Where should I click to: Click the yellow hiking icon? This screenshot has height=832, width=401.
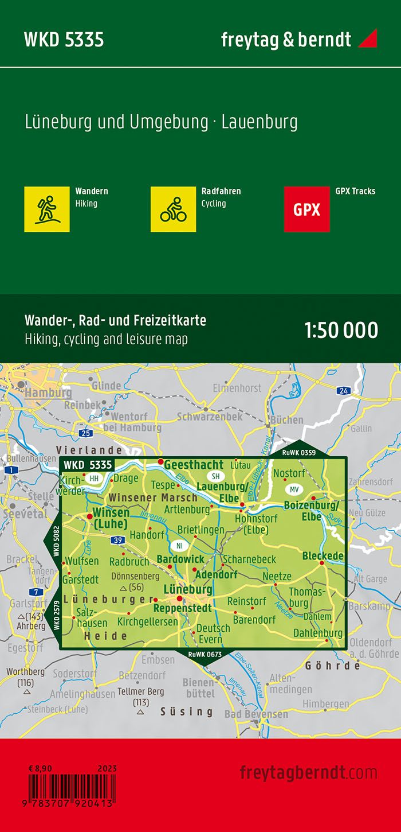47,209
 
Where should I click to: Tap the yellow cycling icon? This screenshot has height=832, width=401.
173,209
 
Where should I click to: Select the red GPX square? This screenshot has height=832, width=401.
306,209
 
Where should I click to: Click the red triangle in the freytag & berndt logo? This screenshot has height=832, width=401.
367,38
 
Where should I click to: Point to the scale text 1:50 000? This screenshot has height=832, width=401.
341,331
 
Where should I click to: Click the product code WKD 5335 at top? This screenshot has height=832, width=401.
64,40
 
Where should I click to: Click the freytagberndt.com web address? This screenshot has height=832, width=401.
308,772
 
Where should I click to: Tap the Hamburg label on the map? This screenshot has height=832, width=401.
49,393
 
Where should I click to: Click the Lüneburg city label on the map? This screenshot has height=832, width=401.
188,589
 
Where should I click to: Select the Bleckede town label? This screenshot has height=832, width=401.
323,556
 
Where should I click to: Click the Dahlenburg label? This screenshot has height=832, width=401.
318,633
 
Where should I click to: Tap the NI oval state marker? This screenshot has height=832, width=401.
179,546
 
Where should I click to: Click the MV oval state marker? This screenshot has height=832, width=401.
294,489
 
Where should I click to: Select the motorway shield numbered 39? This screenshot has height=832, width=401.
118,540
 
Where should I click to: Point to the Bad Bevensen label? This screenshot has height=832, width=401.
256,714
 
